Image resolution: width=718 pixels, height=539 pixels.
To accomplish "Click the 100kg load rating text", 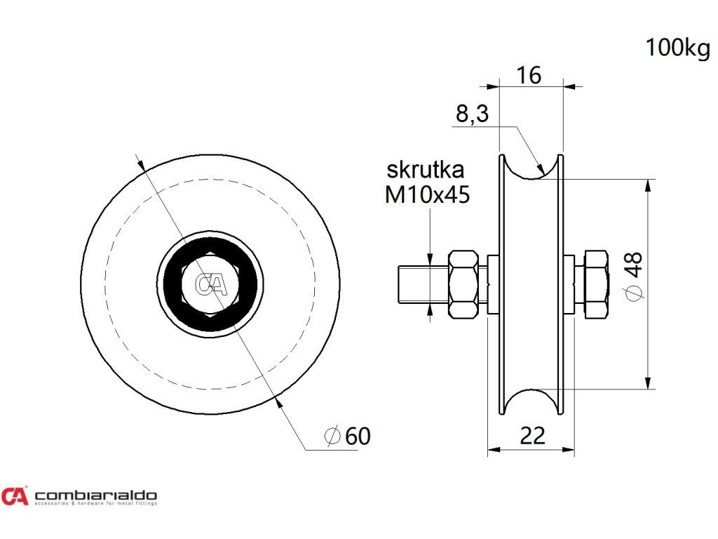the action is [x=677, y=48].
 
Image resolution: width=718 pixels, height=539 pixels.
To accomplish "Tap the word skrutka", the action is [x=426, y=170].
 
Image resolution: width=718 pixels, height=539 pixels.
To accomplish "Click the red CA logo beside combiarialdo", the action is [x=15, y=496].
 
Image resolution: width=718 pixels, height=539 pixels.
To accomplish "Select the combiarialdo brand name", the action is [x=96, y=494].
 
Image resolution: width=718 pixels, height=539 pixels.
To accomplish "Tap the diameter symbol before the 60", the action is [x=332, y=436].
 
